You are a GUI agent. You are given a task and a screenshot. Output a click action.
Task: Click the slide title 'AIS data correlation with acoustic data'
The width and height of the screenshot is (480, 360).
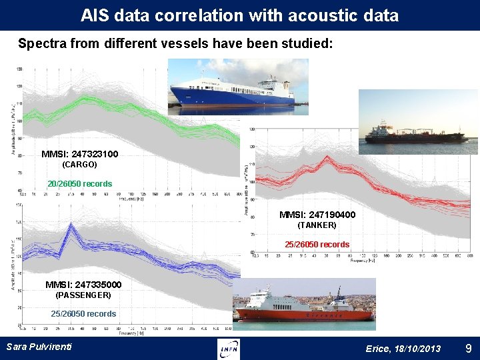[239, 15]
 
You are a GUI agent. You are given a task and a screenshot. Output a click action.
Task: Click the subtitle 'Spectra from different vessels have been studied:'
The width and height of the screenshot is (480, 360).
[175, 44]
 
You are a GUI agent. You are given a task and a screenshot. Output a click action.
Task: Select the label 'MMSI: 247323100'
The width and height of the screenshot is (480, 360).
[80, 154]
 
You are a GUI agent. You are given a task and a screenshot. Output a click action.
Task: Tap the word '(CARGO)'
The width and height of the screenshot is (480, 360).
[79, 164]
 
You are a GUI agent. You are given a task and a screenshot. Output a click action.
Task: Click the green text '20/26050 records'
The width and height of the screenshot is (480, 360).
[80, 183]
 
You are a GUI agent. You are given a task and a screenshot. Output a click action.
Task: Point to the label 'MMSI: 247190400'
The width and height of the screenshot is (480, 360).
[317, 215]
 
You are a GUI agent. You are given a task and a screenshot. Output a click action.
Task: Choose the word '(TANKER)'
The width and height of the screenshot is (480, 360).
[317, 225]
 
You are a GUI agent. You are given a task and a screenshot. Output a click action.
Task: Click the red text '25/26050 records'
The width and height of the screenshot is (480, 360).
[317, 245]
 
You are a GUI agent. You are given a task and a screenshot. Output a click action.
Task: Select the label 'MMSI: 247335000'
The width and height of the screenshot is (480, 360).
[83, 285]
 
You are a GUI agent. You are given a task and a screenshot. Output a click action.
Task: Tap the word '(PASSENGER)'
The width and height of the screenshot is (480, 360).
[83, 295]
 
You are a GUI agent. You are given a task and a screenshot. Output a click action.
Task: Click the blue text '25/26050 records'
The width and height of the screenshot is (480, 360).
[83, 313]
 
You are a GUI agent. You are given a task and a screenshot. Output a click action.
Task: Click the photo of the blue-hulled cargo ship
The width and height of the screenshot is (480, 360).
[238, 87]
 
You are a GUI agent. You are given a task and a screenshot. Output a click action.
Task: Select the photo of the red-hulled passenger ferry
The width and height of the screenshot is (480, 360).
[304, 304]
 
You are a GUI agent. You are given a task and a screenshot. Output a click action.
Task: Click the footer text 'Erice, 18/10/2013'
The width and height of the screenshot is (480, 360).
[403, 349]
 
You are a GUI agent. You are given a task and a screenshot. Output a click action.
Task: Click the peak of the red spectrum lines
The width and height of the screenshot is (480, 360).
[327, 158]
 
